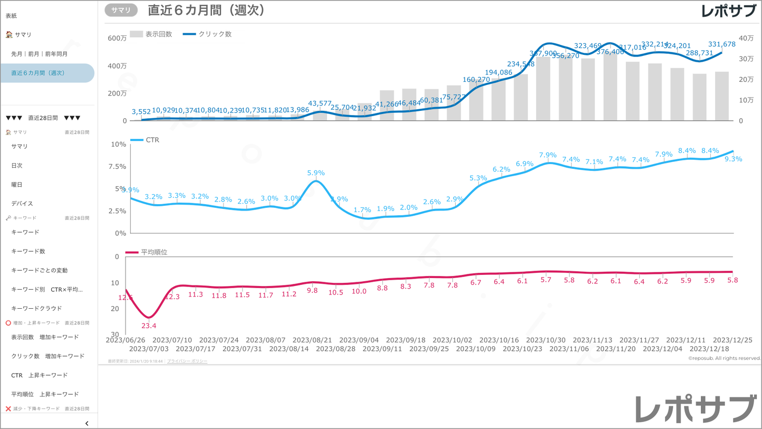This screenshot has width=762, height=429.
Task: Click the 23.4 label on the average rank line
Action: click(x=149, y=326)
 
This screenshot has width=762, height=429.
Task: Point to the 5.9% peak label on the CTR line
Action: click(x=316, y=173)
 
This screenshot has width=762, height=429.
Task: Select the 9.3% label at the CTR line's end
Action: click(x=733, y=159)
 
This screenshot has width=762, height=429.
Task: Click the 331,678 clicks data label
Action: click(x=721, y=44)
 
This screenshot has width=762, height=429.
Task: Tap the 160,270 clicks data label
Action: click(x=476, y=80)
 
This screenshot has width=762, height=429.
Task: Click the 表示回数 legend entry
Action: click(x=151, y=34)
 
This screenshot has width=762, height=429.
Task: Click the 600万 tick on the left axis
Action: click(x=117, y=38)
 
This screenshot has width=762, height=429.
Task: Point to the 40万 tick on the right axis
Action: click(x=746, y=38)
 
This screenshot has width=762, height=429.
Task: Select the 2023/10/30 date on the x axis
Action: click(x=546, y=340)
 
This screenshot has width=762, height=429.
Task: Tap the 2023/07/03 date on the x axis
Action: click(x=149, y=349)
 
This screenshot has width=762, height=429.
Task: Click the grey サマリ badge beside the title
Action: click(x=121, y=10)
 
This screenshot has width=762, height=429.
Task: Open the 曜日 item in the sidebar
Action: click(x=17, y=185)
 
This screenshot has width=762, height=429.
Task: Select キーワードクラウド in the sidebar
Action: click(x=36, y=308)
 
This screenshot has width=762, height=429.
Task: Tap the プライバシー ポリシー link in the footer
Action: click(x=187, y=361)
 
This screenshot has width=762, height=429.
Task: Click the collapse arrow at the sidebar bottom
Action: click(x=86, y=423)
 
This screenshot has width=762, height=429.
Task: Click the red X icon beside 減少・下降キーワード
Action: click(x=8, y=409)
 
